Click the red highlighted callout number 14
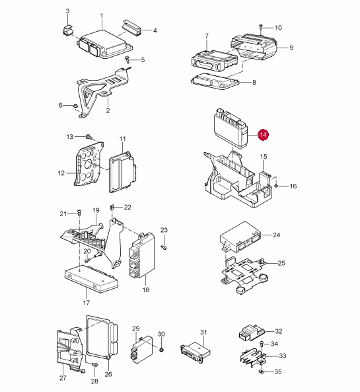(263, 135)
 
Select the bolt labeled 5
(127, 59)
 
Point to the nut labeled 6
(75, 106)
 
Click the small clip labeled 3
(67, 30)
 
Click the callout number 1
(102, 17)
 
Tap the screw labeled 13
(89, 137)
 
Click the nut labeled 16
(276, 186)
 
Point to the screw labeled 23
(164, 247)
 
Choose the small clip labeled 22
(112, 208)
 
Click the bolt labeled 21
(79, 213)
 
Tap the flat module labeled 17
(91, 279)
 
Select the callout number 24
(276, 235)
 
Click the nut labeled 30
(161, 349)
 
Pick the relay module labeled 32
(251, 332)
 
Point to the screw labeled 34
(262, 343)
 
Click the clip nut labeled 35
(262, 372)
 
